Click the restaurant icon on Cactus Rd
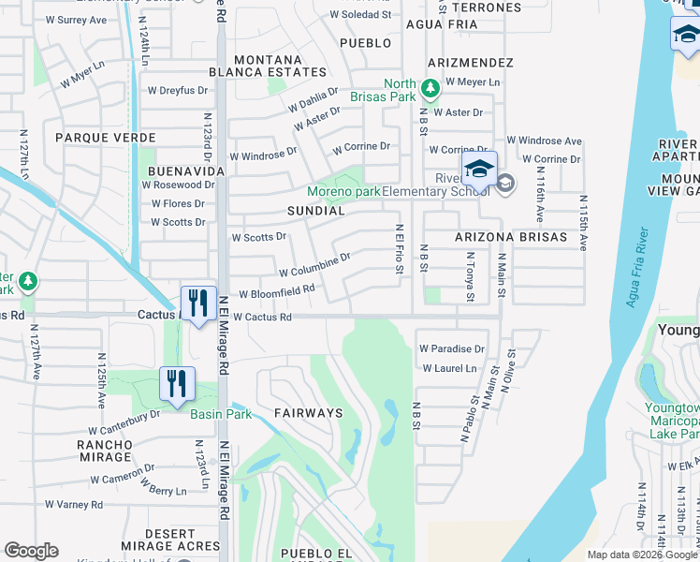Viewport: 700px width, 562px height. point(197,303)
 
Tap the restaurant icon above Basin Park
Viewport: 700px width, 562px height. point(176,384)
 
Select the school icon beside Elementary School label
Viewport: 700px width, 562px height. point(478,171)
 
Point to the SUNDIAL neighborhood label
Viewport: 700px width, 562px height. point(316,212)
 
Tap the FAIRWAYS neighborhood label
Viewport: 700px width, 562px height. point(308,412)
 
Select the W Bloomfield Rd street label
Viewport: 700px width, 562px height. point(276,292)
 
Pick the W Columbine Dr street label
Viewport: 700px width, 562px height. point(314,265)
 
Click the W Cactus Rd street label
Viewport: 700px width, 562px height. point(262,318)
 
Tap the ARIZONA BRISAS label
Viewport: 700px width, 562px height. point(511,238)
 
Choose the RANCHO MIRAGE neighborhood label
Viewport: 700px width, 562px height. point(105,451)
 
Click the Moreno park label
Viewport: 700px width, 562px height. point(344,192)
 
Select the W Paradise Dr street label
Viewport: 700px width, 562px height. point(452,349)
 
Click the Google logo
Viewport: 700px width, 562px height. point(31,551)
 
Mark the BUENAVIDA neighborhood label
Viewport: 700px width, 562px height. point(186,172)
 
